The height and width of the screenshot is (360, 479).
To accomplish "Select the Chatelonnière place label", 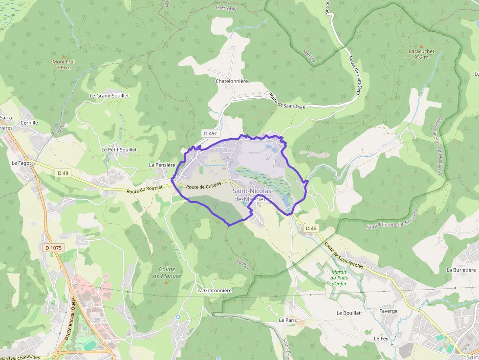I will tap(232, 81).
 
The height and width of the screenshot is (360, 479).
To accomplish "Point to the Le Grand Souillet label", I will tap(109, 96).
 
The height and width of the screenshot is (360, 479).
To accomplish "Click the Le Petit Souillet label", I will tap(119, 149).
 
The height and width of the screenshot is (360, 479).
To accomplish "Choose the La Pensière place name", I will tap(162, 165).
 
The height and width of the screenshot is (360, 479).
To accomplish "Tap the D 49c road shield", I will tap(211, 133).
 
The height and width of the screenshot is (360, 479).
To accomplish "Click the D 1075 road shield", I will tap(53, 248).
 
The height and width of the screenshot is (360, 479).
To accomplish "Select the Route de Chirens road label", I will tap(203, 186).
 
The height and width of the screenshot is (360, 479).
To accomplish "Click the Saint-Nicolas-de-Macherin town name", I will tap(252, 195).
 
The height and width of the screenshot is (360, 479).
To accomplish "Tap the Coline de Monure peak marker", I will tap(166, 282).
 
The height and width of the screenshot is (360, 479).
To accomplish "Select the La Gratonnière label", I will tap(214, 290).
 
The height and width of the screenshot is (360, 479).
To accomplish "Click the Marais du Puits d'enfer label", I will tap(339, 277).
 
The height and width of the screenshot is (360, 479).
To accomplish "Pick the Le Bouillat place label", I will tap(348, 313).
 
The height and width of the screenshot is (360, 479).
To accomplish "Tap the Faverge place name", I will tap(388, 311).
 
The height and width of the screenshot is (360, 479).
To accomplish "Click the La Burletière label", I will tap(461, 270).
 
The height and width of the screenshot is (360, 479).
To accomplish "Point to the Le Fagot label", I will tap(22, 163).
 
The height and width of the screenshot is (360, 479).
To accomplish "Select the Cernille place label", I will tap(29, 123).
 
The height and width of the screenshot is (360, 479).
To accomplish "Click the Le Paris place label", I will tap(288, 320).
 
